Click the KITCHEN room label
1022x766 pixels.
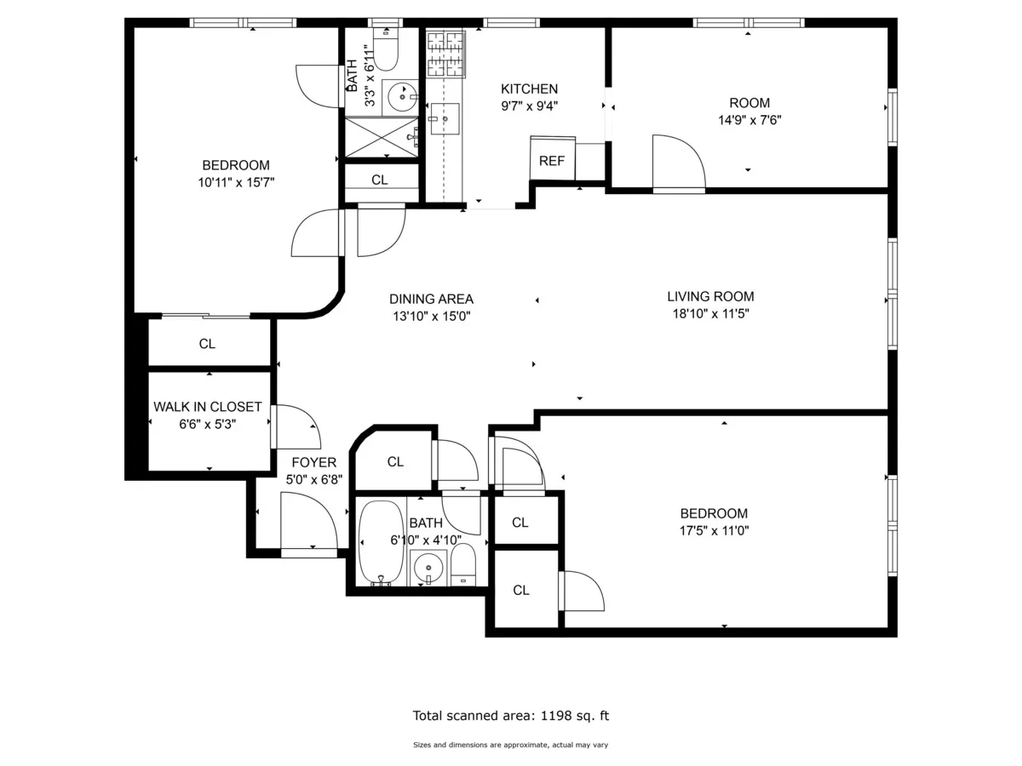[x=529, y=89]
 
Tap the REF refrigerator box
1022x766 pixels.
[x=552, y=160]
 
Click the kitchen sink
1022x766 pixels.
[x=444, y=119]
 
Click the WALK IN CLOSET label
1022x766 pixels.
[x=207, y=407]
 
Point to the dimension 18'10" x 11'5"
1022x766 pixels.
[x=710, y=313]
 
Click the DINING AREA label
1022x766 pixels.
[x=431, y=299]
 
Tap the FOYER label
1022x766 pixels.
[x=313, y=463]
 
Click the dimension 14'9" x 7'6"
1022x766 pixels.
[x=749, y=120]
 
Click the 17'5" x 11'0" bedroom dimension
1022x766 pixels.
[x=714, y=530]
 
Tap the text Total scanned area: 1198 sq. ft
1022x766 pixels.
[x=511, y=716]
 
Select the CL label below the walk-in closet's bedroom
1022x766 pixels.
[x=207, y=344]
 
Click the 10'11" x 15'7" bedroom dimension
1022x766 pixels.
[x=235, y=181]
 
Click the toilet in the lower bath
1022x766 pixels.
[x=462, y=564]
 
